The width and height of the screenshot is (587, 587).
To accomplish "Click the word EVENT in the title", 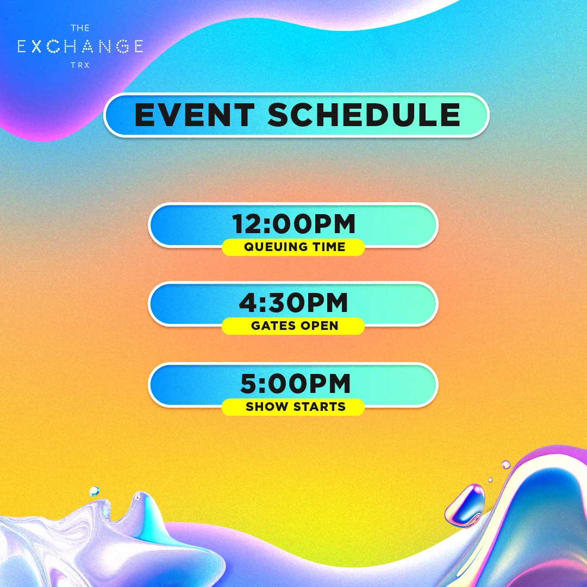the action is (195, 115).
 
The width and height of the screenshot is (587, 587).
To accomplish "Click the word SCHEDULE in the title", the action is (364, 115).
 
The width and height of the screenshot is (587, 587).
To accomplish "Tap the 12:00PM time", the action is (293, 224).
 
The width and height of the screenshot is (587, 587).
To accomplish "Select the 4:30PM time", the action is (293, 303).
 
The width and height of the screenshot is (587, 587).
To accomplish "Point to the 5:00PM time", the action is (295, 383).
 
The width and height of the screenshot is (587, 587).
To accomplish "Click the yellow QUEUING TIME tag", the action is (293, 247).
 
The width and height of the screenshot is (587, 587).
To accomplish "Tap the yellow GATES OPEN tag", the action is (293, 326).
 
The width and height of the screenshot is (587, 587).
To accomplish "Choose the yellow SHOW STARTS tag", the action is (293, 407).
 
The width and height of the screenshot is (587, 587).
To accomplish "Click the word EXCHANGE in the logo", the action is (80, 46).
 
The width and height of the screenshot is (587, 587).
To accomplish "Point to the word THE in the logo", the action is (80, 28).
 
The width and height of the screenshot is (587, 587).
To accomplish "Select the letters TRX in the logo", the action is (80, 65).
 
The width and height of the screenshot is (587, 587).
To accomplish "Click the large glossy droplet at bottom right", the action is (465, 505).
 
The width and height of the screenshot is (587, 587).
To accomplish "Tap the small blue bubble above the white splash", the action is (95, 491).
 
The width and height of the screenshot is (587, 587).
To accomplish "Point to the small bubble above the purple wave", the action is (505, 465).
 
